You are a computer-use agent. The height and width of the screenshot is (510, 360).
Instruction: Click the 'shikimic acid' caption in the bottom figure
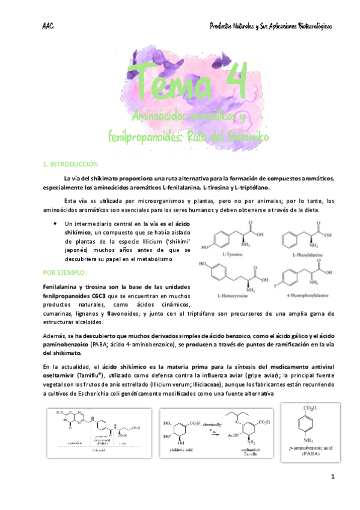181,450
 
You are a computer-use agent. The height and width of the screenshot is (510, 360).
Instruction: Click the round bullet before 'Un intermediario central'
55,223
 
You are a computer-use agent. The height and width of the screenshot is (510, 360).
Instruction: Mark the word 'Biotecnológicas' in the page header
307,26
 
